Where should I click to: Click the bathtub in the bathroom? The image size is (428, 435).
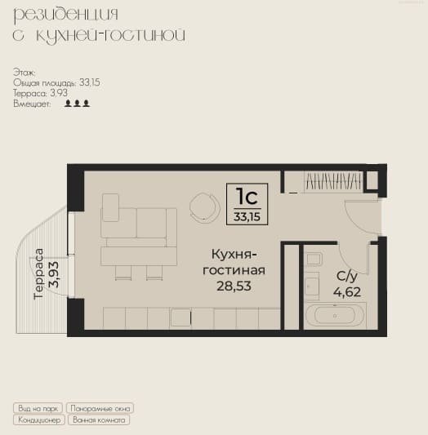334,316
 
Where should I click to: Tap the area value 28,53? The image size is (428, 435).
234,286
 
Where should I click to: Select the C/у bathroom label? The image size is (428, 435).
347,277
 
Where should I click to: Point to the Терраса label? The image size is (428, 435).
38,274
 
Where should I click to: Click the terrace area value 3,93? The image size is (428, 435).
53,274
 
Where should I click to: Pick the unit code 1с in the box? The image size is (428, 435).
247,197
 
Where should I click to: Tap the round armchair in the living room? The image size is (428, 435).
204,206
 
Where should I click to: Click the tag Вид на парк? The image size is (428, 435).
38,408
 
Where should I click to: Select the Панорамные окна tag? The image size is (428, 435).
100,408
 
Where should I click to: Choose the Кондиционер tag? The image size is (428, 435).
39,419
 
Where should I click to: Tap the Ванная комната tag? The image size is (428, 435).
99,419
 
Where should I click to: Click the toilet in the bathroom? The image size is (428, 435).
314,259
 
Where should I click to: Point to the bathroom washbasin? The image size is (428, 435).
312,286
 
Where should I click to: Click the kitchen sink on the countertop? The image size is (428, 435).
181,317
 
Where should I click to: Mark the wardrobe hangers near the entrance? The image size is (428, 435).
333,181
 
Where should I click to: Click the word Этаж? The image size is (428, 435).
24,73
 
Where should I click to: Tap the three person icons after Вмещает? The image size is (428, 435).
77,104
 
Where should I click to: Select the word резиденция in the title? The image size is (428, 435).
66,16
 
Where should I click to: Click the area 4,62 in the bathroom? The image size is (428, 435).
347,292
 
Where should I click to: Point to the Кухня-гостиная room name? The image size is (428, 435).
234,262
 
